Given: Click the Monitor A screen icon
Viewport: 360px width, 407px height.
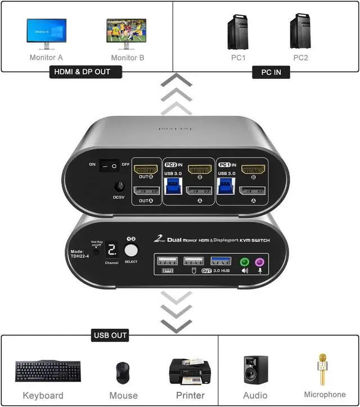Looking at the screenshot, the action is pos(47,32).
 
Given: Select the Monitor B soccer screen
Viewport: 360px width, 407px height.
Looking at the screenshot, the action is pos(127,32).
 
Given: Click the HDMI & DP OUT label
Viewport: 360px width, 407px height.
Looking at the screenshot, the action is pos(86,72).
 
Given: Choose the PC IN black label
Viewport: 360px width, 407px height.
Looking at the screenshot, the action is pos(271,72).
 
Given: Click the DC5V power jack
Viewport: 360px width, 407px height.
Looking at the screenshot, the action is pos(119,187).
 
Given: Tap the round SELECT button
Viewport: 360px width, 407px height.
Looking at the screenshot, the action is pos(131,249).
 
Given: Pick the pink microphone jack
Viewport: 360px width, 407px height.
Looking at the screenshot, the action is pos(260,261).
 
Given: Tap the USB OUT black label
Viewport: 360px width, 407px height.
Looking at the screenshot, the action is pos(110,336).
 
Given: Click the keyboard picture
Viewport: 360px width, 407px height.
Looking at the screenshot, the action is pos(43,371).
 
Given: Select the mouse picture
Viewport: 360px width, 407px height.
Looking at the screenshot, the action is pos(122,372).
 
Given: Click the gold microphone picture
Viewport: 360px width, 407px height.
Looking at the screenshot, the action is pos(323,369).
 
